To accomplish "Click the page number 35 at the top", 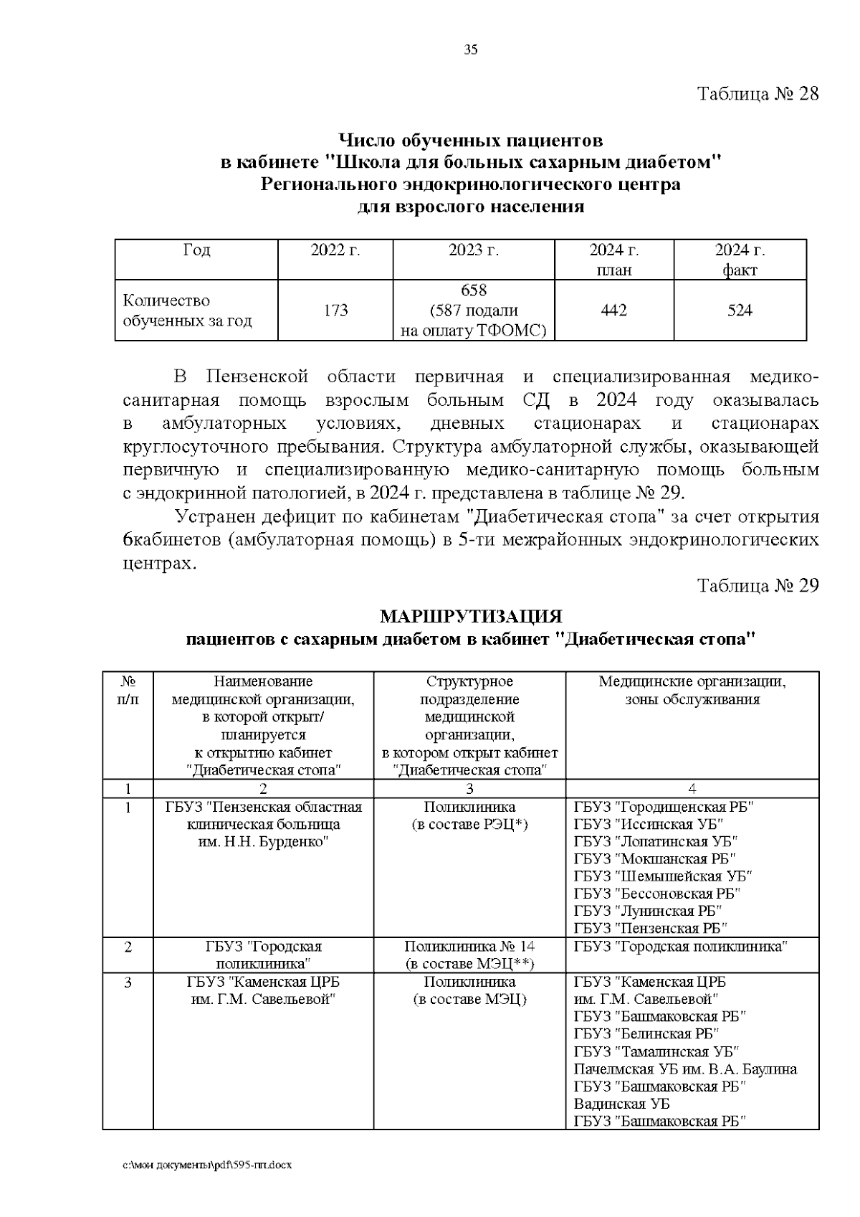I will (x=470, y=49).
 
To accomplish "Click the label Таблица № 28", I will (x=758, y=94).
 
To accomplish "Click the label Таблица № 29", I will (x=758, y=585).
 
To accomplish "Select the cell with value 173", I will (x=335, y=310).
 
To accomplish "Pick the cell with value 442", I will (x=613, y=310).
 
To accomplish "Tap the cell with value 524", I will (x=740, y=310).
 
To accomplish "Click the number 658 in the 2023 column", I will (x=473, y=290).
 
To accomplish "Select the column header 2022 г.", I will (x=335, y=250).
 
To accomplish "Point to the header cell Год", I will (x=196, y=250).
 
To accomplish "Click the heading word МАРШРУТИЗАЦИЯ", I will (x=471, y=617).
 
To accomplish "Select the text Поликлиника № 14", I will (x=469, y=947).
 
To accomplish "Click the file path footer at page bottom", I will (x=207, y=1165).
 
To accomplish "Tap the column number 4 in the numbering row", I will (x=692, y=789).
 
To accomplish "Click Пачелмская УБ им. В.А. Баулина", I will (x=684, y=1069).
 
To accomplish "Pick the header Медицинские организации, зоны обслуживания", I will (x=692, y=690).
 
